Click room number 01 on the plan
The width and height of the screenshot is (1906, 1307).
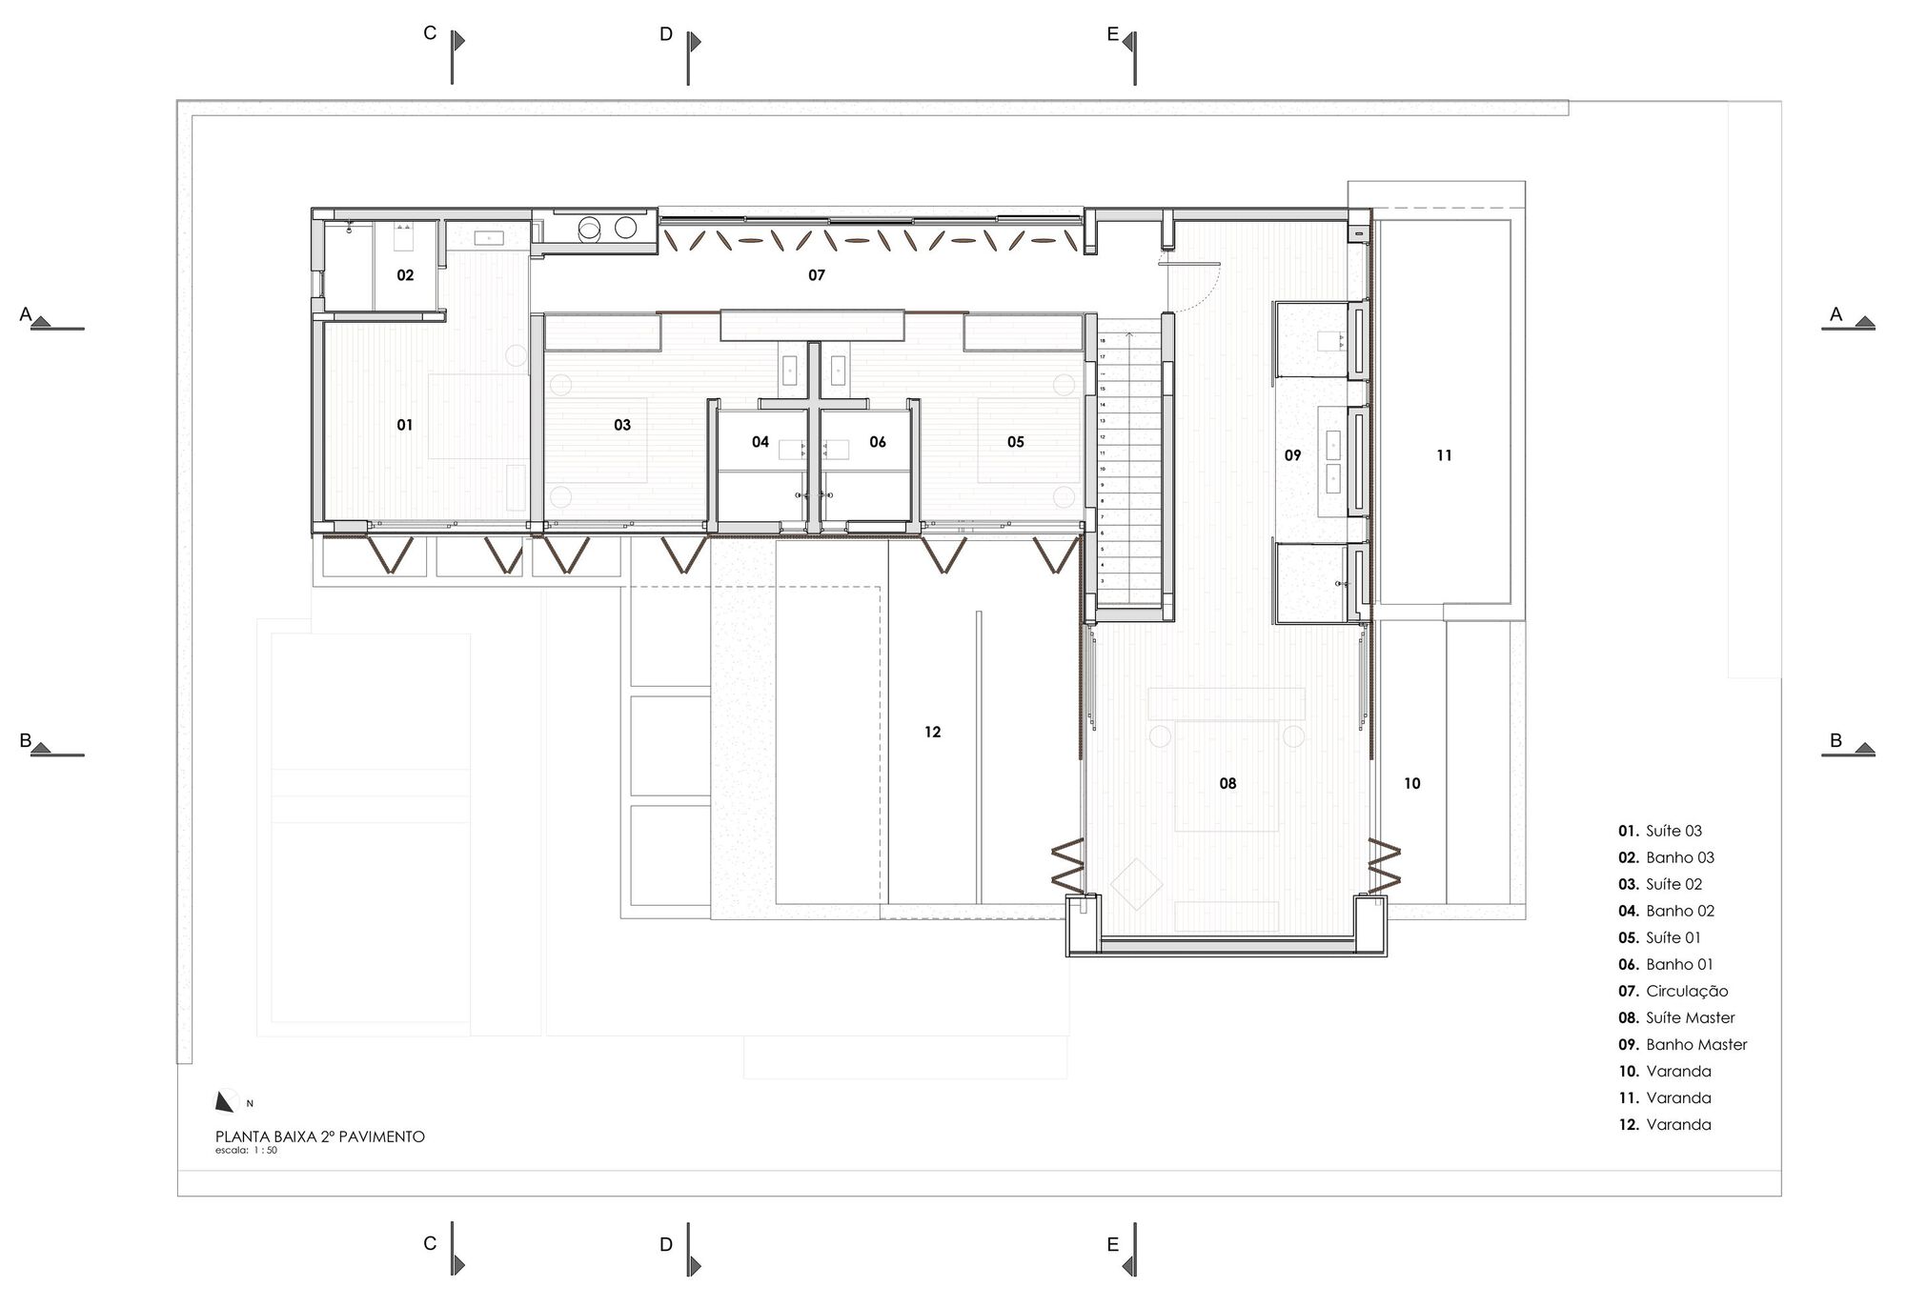point(405,425)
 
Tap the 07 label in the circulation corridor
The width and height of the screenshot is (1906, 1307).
point(817,275)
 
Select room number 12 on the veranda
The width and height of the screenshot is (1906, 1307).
point(932,732)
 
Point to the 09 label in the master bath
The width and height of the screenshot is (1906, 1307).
point(1292,455)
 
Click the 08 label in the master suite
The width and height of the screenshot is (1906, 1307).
point(1227,783)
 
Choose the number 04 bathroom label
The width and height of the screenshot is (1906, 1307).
point(760,442)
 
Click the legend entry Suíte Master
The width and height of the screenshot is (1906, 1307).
point(1690,1017)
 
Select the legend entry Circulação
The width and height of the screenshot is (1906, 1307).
point(1686,991)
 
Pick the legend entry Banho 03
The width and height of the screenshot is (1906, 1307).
point(1679,857)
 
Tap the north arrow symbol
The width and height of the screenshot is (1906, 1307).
point(225,1101)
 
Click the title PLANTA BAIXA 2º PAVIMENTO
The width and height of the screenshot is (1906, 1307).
point(320,1136)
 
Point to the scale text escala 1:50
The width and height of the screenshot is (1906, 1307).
point(246,1151)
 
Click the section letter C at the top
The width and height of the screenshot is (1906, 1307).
point(430,34)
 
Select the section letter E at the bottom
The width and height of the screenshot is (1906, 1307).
point(1113,1244)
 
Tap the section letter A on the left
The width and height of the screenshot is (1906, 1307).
point(27,314)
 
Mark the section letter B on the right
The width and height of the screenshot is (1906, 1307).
point(1835,741)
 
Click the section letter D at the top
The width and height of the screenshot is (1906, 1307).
point(666,35)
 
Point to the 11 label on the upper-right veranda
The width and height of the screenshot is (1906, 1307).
point(1444,455)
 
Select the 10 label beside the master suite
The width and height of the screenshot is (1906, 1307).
point(1411,783)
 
